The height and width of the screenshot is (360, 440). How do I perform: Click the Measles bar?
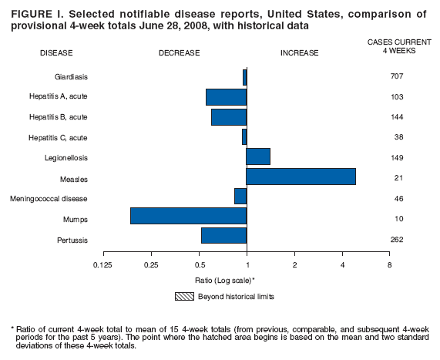click(x=301, y=177)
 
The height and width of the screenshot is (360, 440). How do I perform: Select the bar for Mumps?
click(x=188, y=216)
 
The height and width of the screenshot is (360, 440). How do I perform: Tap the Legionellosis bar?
click(x=258, y=156)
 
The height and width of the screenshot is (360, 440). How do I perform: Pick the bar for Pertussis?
click(x=223, y=236)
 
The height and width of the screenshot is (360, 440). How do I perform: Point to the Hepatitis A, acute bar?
click(x=226, y=97)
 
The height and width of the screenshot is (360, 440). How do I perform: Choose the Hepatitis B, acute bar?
click(x=229, y=117)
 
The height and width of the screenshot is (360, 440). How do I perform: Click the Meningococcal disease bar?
click(x=240, y=197)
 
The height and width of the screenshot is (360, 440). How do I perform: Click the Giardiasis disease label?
click(x=71, y=77)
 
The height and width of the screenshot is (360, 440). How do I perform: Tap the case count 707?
click(x=397, y=77)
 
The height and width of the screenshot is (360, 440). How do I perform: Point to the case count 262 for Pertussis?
click(x=397, y=239)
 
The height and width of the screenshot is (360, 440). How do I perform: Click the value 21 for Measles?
click(x=397, y=178)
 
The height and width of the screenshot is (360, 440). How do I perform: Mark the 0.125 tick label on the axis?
click(x=103, y=264)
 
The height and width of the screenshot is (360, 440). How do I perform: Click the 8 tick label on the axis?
click(x=389, y=264)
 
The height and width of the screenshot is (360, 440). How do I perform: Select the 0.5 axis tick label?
click(x=200, y=264)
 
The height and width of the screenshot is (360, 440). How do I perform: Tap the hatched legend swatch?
click(x=186, y=295)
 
